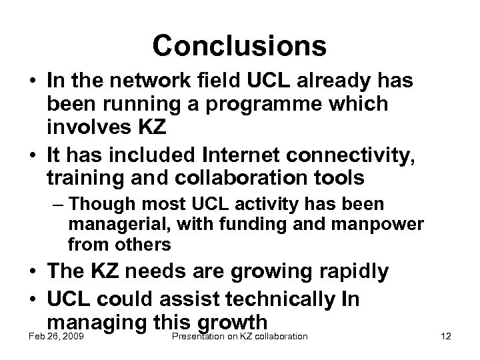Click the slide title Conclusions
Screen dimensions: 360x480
(239, 45)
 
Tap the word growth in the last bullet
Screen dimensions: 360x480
(233, 321)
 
